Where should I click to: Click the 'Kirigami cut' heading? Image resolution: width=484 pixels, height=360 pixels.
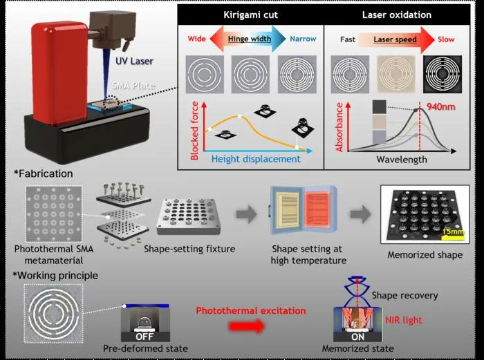click(x=250, y=15)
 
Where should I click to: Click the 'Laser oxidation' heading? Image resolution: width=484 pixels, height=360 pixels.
click(x=397, y=15)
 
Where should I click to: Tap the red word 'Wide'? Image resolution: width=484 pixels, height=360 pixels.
click(x=196, y=39)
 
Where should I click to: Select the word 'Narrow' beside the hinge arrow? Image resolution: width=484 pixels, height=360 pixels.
click(x=303, y=39)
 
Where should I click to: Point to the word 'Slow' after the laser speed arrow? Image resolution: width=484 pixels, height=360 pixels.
click(x=446, y=39)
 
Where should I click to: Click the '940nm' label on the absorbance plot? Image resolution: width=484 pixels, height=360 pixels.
click(x=441, y=106)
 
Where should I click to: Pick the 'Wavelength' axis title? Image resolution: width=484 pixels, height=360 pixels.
click(x=402, y=160)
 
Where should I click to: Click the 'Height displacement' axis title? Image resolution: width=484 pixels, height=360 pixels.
click(x=256, y=159)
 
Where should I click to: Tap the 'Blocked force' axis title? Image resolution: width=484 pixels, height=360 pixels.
click(x=194, y=131)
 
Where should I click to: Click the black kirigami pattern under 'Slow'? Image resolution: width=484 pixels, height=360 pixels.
click(x=443, y=75)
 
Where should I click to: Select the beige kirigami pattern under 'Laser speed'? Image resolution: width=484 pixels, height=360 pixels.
click(x=396, y=75)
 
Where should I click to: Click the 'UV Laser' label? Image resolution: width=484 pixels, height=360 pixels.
click(x=134, y=61)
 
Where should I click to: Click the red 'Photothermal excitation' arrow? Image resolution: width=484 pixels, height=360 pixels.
click(x=247, y=326)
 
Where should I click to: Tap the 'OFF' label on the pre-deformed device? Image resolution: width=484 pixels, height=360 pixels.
click(x=145, y=337)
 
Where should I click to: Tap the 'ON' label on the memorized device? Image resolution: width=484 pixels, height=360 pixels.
click(x=357, y=337)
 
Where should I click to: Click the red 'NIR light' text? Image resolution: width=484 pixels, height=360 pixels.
click(x=403, y=320)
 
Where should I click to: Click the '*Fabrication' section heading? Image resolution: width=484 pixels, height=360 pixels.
click(x=43, y=173)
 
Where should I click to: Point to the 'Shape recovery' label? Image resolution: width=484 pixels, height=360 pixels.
click(x=404, y=296)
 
